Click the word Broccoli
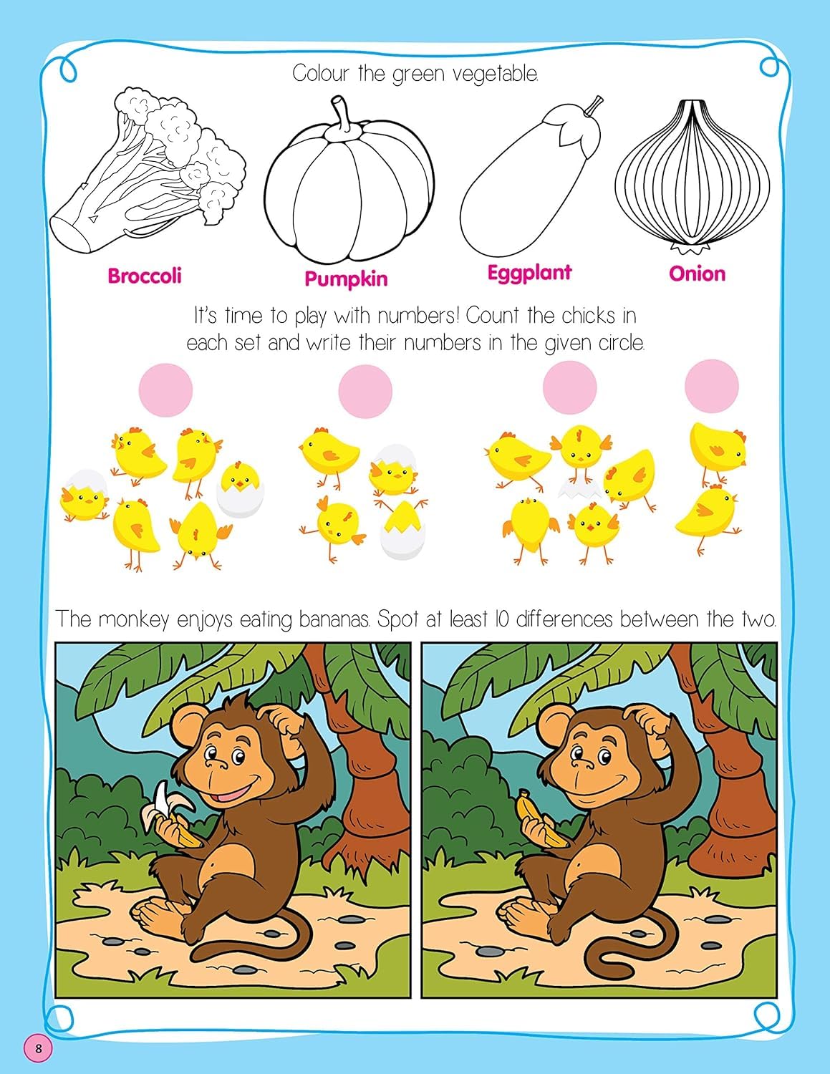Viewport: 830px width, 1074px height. point(145,276)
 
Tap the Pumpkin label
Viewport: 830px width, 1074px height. point(346,279)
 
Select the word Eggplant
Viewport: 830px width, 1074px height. point(529,273)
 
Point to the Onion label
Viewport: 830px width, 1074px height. point(697,274)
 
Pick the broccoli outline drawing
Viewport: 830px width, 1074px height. point(148,170)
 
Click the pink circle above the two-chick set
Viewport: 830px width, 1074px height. point(711,385)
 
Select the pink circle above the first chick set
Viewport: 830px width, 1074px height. point(165,390)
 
